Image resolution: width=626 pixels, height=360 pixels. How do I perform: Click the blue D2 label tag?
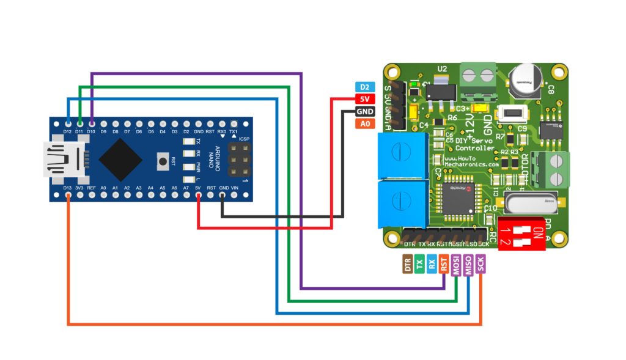click(x=364, y=87)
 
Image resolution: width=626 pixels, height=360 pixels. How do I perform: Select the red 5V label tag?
click(x=364, y=100)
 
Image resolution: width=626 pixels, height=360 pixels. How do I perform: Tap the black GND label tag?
click(x=364, y=112)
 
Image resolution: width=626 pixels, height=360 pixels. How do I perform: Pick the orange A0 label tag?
click(x=364, y=124)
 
